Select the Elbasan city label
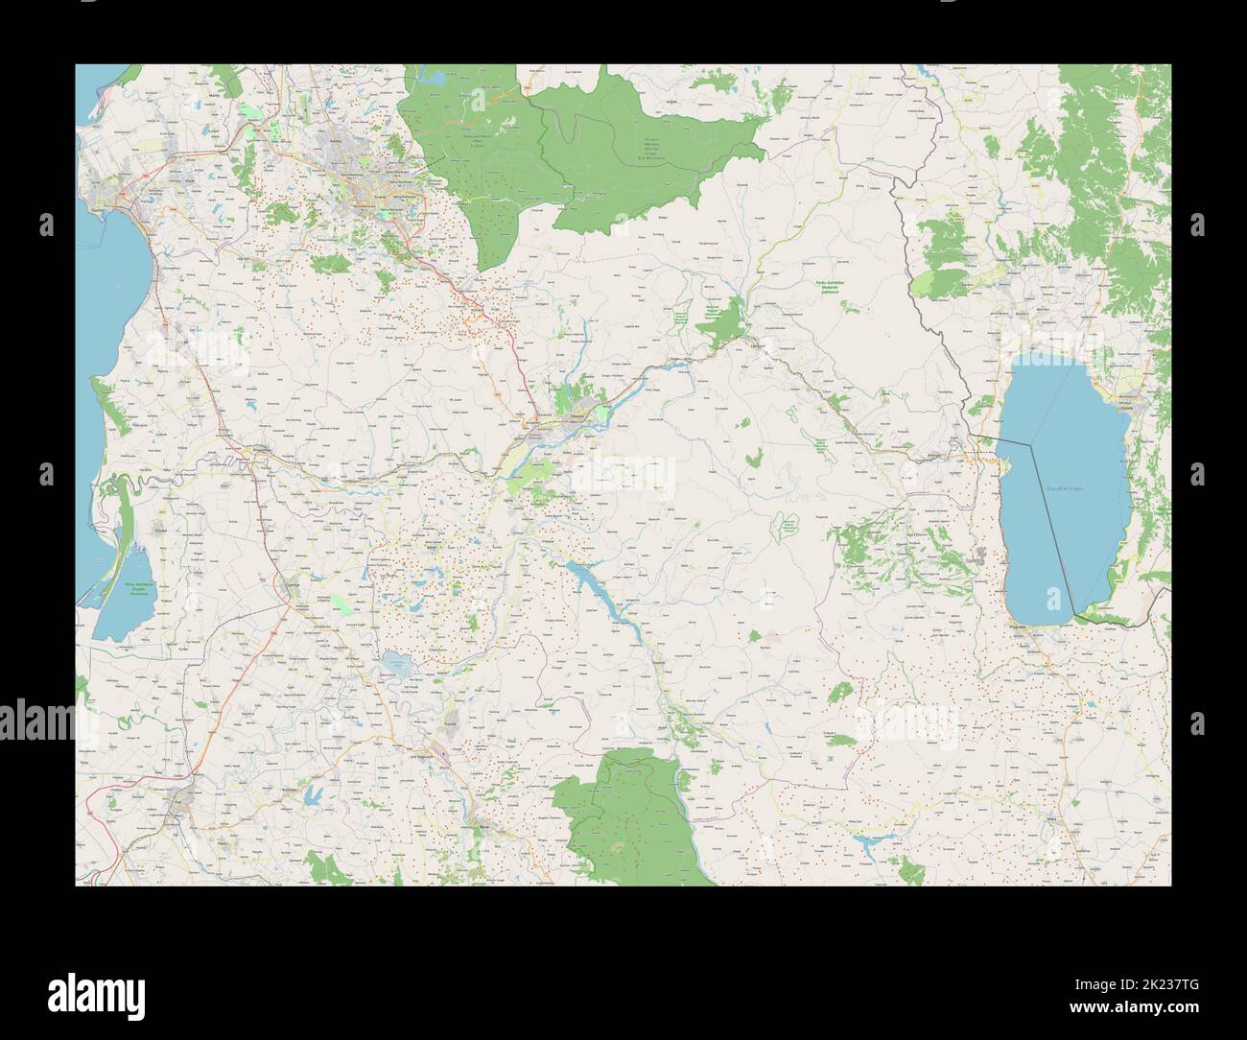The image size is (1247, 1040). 548,419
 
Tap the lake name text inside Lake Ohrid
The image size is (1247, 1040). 1063,489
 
